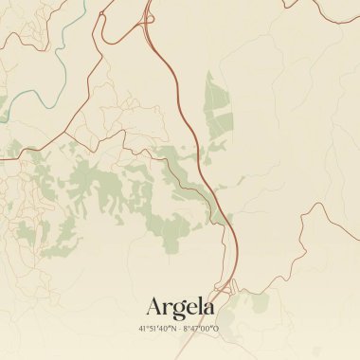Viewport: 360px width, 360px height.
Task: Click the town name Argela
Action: [x=180, y=307]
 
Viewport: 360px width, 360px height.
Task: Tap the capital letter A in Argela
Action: [x=155, y=307]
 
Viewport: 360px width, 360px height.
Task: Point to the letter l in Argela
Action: [x=200, y=306]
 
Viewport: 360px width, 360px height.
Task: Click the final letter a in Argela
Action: [x=208, y=309]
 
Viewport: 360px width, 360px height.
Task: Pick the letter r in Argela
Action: [x=168, y=309]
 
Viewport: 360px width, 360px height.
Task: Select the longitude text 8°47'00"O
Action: [x=202, y=329]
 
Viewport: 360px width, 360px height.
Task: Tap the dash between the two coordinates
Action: [x=180, y=329]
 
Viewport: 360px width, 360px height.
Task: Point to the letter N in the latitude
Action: [x=173, y=329]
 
